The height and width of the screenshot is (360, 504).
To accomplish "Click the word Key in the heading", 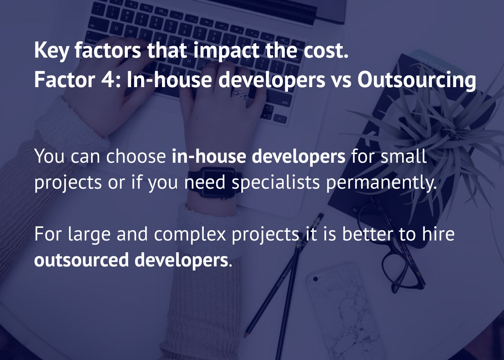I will [x=51, y=50].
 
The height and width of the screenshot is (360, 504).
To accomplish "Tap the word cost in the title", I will [x=325, y=50].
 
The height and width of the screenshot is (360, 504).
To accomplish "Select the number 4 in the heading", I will [x=107, y=80].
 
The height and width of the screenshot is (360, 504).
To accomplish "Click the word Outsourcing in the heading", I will [x=417, y=80].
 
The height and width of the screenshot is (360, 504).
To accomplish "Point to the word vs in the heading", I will [x=341, y=80].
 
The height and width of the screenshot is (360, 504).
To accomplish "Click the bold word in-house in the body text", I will [x=209, y=156].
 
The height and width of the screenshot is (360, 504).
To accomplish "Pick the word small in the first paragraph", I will [x=404, y=156].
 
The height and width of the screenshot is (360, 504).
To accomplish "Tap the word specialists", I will [x=275, y=182].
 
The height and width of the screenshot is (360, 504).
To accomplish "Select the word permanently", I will [x=381, y=182].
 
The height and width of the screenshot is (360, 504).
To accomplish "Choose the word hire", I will [x=438, y=234].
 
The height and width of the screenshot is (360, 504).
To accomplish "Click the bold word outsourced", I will [x=81, y=260].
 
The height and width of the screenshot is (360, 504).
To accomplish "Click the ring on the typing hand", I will [x=240, y=95].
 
